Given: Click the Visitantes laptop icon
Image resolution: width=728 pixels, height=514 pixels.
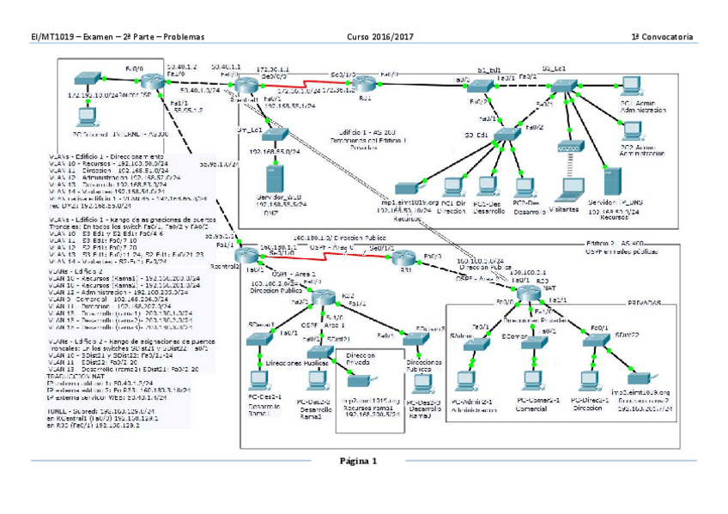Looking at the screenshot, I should [x=567, y=188].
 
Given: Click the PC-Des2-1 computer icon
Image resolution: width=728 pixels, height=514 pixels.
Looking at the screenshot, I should [x=255, y=379].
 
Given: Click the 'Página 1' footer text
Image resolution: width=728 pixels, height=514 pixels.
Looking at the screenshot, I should [x=358, y=461].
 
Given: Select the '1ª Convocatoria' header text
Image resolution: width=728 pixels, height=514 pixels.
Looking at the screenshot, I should [x=662, y=37].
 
